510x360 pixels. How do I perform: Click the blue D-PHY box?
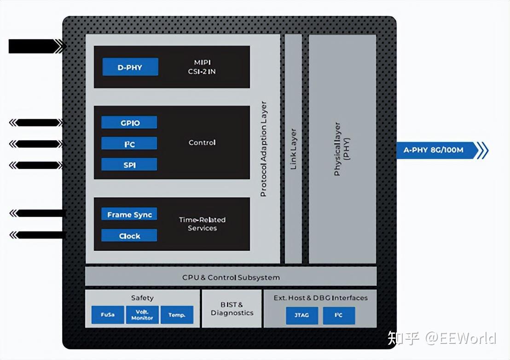click(130, 67)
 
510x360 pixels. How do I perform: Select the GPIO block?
click(129, 123)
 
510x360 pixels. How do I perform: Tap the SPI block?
click(129, 165)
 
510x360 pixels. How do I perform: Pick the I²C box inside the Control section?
click(129, 144)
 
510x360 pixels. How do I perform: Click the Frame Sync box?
click(129, 215)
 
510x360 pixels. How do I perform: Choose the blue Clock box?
click(129, 236)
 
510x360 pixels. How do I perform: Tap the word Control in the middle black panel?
click(202, 143)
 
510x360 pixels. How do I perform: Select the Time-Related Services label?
click(202, 224)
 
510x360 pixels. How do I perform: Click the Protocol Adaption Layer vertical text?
click(264, 149)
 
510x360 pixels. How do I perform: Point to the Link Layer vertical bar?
click(293, 149)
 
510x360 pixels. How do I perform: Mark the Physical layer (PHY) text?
click(342, 149)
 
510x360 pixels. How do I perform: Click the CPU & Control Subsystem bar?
click(231, 277)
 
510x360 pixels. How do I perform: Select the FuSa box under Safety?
click(108, 315)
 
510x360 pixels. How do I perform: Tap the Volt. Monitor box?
click(142, 315)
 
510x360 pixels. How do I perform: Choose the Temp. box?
click(177, 315)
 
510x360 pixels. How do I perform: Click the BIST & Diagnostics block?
click(232, 309)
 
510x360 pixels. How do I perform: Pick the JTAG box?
click(301, 315)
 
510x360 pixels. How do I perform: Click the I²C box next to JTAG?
click(339, 315)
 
